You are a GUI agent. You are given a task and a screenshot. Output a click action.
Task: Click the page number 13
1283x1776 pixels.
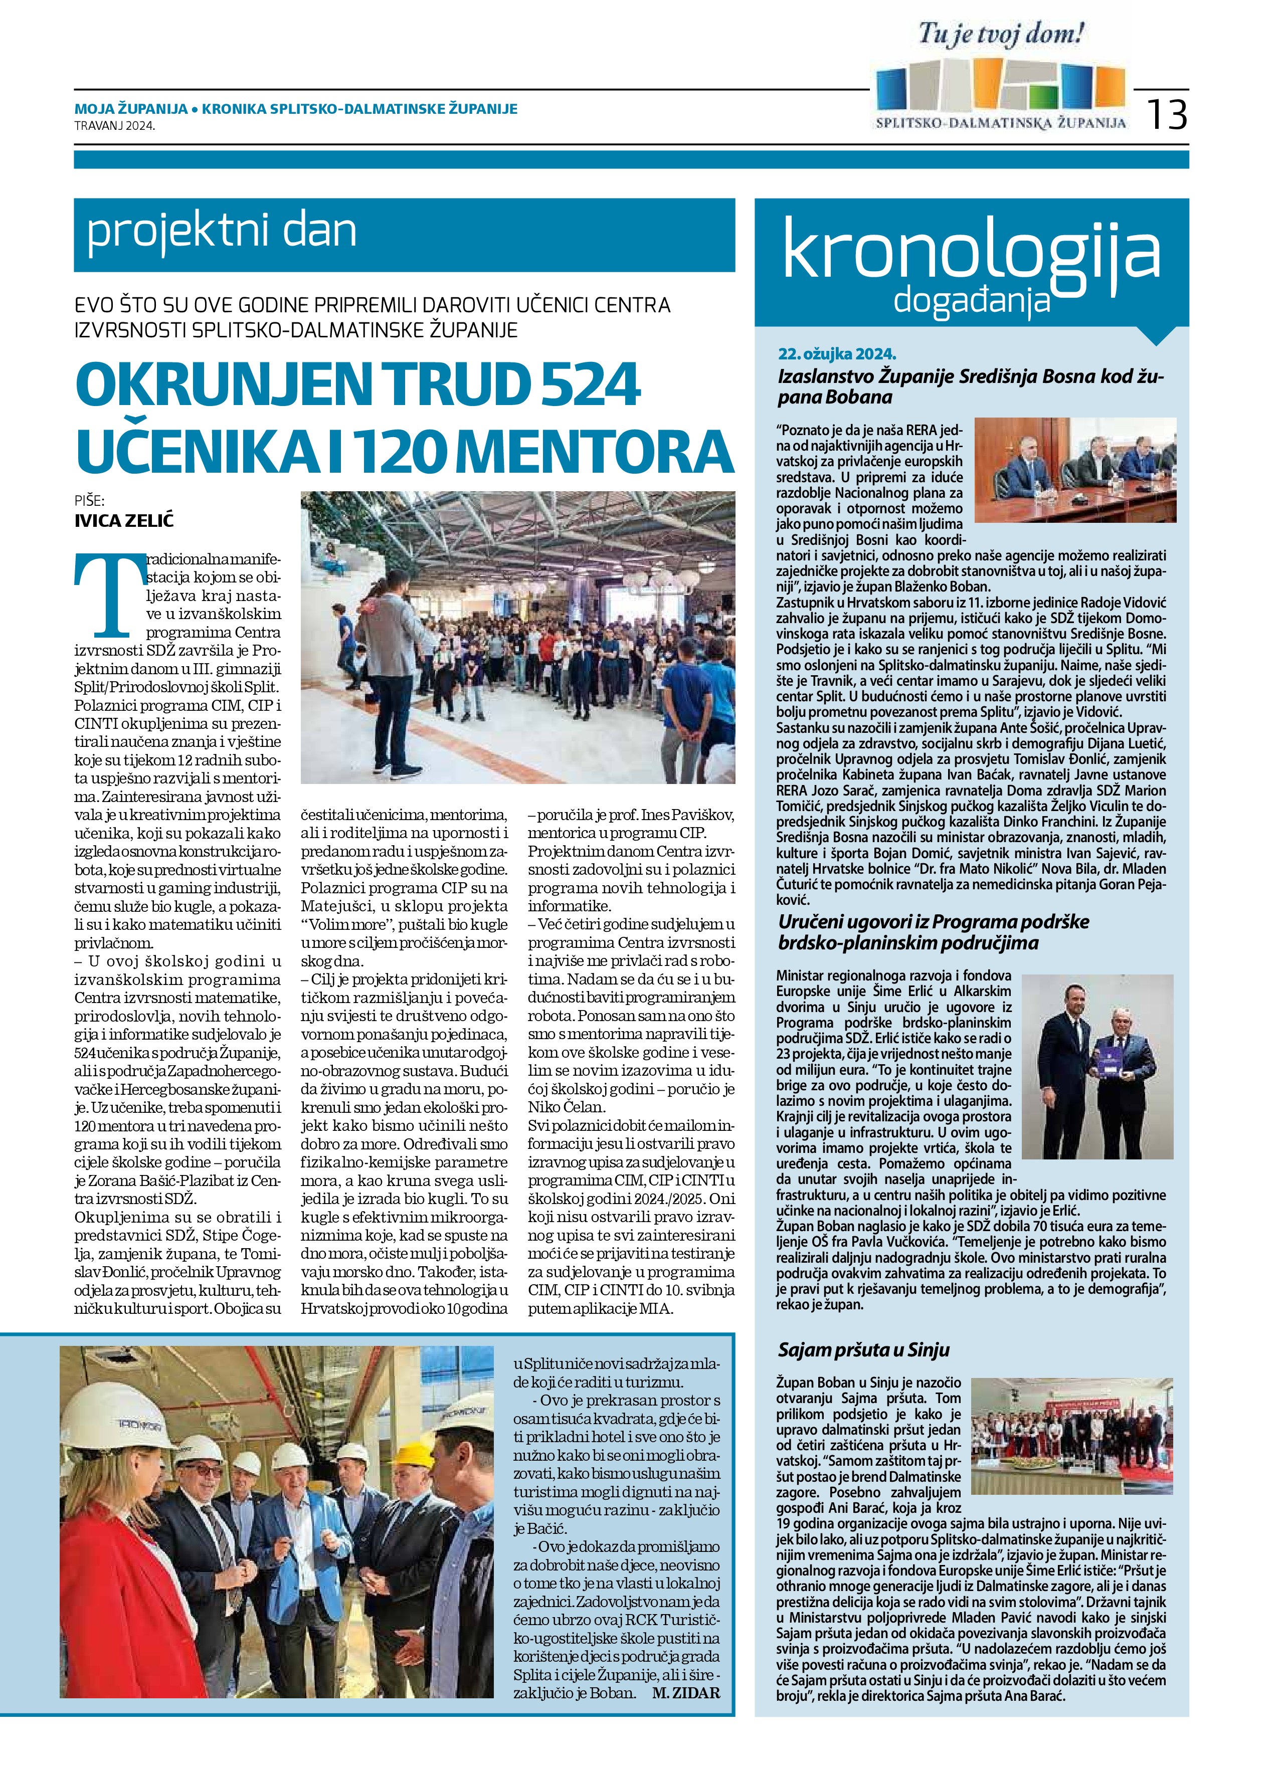click(x=1167, y=114)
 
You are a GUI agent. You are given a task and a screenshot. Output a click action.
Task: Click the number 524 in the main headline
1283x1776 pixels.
click(x=579, y=384)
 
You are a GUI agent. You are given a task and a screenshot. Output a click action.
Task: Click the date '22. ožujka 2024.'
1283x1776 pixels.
click(x=837, y=354)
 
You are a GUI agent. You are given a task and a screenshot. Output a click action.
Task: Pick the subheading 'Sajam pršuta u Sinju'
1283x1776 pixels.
click(x=863, y=1349)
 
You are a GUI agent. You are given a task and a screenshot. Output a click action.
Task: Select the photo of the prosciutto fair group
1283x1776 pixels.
click(x=1071, y=1435)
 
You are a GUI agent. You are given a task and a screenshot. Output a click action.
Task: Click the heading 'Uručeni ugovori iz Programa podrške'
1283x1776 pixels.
click(x=934, y=922)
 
